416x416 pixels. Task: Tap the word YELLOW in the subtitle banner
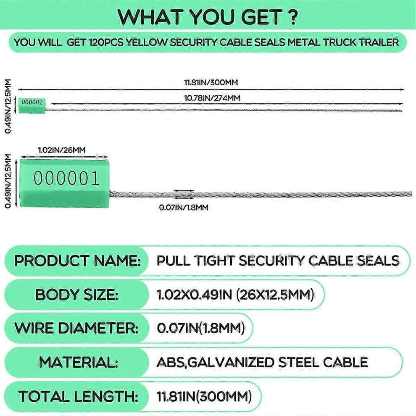click(146, 42)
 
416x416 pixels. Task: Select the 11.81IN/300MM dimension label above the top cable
click(211, 82)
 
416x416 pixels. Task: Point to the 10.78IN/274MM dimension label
click(212, 98)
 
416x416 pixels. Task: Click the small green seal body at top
click(32, 106)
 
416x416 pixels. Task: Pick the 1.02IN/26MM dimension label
click(62, 150)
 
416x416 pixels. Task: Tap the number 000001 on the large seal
click(66, 178)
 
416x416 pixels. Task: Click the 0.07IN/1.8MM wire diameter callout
click(184, 208)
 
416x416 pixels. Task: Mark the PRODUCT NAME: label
click(77, 261)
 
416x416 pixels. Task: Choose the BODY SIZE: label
click(76, 295)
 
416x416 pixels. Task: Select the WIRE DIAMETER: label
click(76, 328)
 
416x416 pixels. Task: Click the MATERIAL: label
click(79, 362)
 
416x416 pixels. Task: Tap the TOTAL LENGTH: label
click(78, 396)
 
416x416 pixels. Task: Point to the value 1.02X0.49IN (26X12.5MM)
click(235, 295)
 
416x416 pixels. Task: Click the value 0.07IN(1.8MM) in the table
click(200, 328)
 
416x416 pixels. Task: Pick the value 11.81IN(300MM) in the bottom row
click(204, 396)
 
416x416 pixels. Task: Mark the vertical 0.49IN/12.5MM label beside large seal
click(9, 181)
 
